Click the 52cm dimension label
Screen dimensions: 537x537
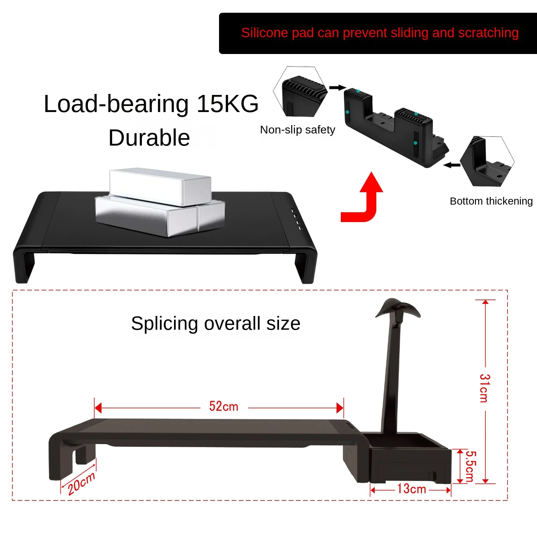coord(223,407)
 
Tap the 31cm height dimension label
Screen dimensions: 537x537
coord(485,388)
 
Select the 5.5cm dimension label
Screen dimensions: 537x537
coord(471,466)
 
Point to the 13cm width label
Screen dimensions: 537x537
coord(411,489)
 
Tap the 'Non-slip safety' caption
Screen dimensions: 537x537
coord(298,130)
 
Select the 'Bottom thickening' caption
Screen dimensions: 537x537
coord(491,201)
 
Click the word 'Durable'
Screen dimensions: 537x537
coord(149,138)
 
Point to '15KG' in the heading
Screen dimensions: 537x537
coord(227,104)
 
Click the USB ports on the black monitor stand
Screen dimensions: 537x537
coord(297,219)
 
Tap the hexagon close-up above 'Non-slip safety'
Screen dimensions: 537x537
coord(301,92)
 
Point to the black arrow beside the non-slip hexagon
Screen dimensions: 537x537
coord(337,88)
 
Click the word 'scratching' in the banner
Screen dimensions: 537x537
coord(488,33)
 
